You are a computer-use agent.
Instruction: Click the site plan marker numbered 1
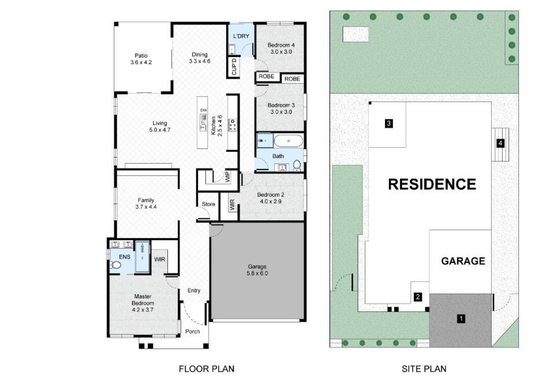pos(461,318)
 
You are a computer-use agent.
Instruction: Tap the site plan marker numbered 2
pos(417,297)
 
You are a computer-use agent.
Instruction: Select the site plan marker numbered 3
pos(388,123)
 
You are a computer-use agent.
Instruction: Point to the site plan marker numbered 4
pos(500,143)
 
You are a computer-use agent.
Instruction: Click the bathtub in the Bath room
pos(289,141)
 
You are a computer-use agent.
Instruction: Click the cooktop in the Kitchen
pos(233,125)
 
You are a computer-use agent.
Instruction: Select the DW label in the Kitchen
pos(203,110)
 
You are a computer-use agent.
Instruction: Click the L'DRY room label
pos(241,36)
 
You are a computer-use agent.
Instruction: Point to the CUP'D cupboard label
pos(234,66)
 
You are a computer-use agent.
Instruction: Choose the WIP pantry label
pos(227,177)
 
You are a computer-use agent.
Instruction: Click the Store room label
pos(208,204)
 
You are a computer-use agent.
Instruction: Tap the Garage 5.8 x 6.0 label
pos(257,270)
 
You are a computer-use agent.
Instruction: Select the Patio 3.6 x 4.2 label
pos(141,59)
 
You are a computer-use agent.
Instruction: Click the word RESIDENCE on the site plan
pos(432,185)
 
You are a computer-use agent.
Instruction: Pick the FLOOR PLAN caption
pos(207,369)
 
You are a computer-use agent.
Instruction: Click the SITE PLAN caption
pos(424,369)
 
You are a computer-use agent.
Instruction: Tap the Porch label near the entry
pos(193,332)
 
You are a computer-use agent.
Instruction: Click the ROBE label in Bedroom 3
pos(292,79)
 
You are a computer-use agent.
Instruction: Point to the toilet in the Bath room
pos(297,166)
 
